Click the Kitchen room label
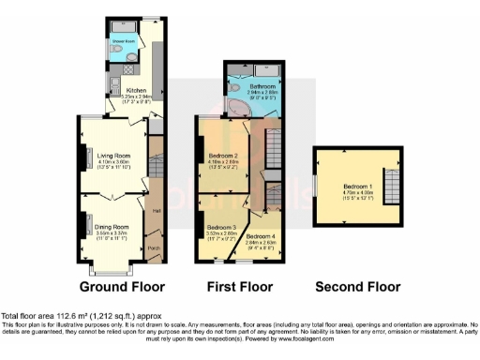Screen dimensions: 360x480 click(x=124, y=91)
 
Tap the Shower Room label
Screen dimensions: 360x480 click(x=123, y=41)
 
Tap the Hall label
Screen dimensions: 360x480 click(x=157, y=212)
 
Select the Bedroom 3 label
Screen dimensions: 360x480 click(x=221, y=228)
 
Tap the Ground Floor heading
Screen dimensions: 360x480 click(x=122, y=286)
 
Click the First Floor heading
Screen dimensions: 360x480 click(x=240, y=286)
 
